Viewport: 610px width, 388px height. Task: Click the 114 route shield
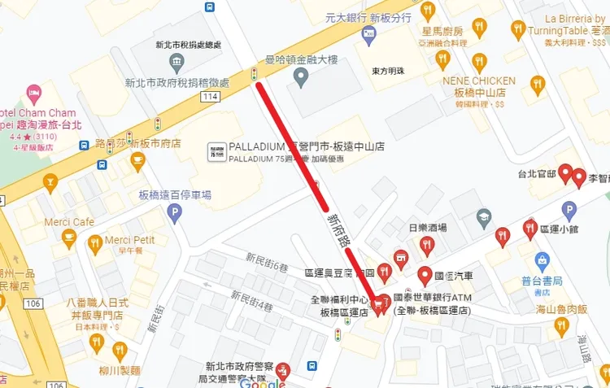tap(211, 98)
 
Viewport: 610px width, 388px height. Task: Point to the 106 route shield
tap(33, 303)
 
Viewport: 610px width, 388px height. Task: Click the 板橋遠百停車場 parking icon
tap(173, 214)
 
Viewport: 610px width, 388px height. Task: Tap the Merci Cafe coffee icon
tap(69, 238)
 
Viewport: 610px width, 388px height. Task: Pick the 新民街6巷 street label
tap(268, 262)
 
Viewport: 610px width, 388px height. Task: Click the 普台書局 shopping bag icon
tap(543, 262)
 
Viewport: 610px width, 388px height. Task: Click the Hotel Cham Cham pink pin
tap(33, 92)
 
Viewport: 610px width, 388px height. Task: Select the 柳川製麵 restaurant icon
tap(120, 351)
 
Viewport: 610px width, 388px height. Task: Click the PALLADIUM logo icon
tap(217, 151)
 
